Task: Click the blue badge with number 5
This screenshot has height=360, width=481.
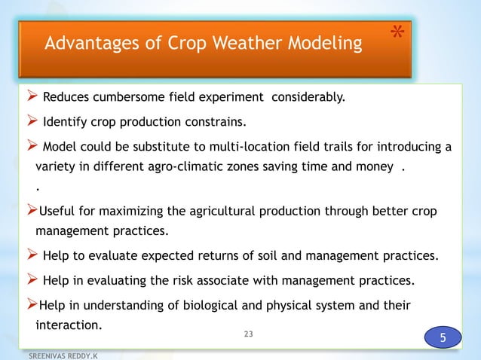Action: click(x=443, y=337)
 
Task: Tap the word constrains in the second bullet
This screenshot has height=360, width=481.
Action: click(x=219, y=121)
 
